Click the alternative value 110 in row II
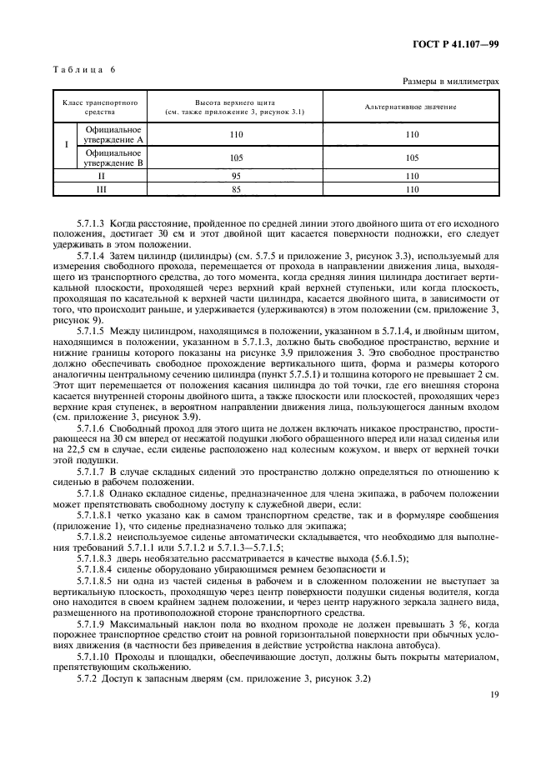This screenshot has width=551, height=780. (411, 177)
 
